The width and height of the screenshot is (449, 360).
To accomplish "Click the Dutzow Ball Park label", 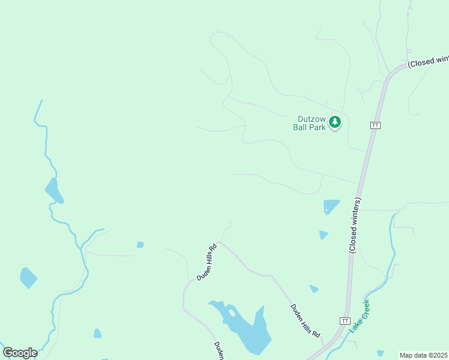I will click(x=309, y=123).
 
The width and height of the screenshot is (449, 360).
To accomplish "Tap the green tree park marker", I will click(x=335, y=122).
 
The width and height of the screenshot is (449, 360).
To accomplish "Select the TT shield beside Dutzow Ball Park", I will click(x=375, y=125).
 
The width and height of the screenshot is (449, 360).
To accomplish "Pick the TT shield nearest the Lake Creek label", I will click(x=345, y=321).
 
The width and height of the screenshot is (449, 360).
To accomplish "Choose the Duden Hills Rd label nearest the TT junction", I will click(x=306, y=320).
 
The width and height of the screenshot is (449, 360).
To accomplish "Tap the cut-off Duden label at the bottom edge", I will click(x=219, y=351).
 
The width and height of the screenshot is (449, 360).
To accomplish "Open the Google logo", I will click(x=20, y=352).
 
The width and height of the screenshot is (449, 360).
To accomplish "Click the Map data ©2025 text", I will click(x=423, y=355).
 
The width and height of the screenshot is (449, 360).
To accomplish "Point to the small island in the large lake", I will click(x=232, y=313).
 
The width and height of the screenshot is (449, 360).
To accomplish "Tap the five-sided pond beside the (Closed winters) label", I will click(x=331, y=206).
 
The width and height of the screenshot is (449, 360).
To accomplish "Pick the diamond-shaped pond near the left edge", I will click(x=28, y=277).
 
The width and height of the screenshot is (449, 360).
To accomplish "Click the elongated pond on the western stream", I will click(x=54, y=191).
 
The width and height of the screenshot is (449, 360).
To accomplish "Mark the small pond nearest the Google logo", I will click(x=97, y=333).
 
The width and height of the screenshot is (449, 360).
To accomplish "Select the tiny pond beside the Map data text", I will click(x=381, y=353).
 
